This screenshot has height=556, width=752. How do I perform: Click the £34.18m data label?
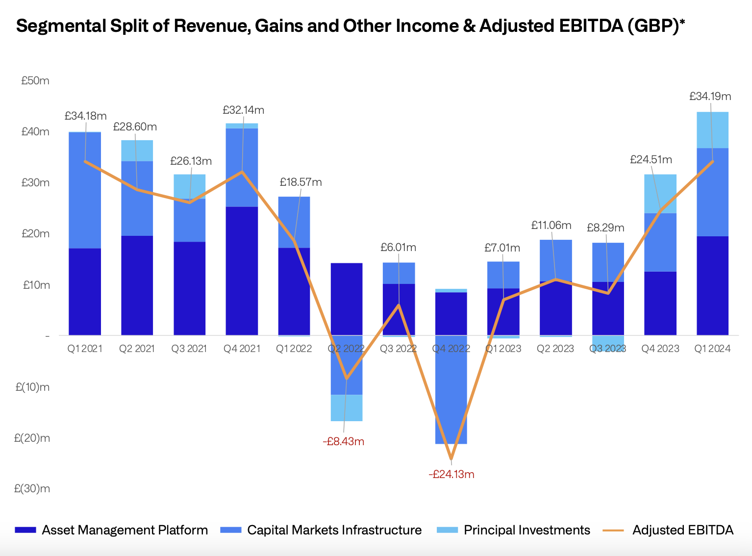[x=85, y=116]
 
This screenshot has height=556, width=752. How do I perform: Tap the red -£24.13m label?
[x=451, y=475]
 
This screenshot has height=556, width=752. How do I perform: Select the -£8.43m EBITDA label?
[x=343, y=442]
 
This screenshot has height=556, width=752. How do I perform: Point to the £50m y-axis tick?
[x=35, y=81]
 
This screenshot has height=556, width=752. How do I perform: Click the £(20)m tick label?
[x=32, y=438]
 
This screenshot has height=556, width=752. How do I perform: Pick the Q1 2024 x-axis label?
[x=712, y=349]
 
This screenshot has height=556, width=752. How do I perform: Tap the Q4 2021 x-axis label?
[x=242, y=349]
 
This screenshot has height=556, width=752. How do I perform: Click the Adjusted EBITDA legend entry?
[x=682, y=530]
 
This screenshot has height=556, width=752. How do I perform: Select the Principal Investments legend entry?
[x=526, y=530]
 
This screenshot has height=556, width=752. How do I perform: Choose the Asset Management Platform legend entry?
[x=125, y=530]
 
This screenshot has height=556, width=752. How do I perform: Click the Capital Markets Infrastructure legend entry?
[x=334, y=530]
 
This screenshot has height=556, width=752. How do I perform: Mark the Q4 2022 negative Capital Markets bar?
[x=451, y=390]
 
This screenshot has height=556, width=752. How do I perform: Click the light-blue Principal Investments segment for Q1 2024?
[x=712, y=130]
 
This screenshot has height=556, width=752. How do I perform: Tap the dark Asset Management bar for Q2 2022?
[x=347, y=299]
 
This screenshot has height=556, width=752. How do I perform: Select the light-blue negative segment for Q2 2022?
[x=347, y=408]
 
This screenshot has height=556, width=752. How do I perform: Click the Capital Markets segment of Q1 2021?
[x=85, y=190]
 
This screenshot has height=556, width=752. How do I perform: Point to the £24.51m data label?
[x=651, y=160]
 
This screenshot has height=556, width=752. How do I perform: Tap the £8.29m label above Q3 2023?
[x=605, y=228]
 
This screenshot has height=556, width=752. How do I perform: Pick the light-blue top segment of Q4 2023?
[x=660, y=194]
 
